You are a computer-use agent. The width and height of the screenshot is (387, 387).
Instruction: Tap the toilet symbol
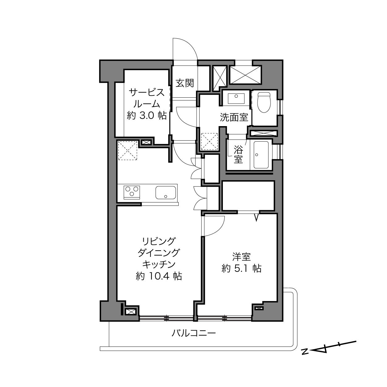point(264,102)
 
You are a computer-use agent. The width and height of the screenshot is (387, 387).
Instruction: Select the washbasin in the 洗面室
point(236,98)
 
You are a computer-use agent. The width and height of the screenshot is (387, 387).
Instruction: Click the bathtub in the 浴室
point(261,155)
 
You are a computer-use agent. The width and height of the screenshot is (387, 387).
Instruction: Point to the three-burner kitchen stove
point(132,192)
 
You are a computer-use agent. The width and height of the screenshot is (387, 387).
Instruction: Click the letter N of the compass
point(305,352)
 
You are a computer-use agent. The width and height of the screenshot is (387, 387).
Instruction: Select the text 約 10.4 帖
point(159,276)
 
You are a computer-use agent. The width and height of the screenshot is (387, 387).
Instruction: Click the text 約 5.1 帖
point(241,268)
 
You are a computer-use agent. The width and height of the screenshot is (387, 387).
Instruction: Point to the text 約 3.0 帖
point(147,116)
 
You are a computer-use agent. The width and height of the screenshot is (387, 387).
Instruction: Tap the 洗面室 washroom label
point(234,117)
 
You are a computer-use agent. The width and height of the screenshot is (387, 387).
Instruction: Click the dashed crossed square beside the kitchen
point(128,151)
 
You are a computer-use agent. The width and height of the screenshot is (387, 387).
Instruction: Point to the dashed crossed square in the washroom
point(210,141)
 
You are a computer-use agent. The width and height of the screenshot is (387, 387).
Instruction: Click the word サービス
point(147,92)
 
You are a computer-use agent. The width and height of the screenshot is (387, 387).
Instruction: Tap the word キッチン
point(159,265)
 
